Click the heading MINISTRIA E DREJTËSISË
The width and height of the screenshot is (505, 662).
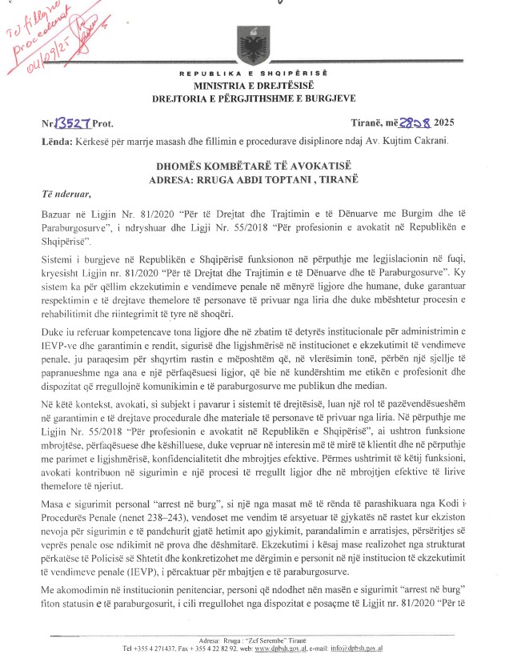coord(251,85)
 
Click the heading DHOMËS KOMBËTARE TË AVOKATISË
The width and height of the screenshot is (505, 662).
coord(251,166)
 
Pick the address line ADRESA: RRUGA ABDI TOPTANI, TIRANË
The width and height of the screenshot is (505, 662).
coord(251,179)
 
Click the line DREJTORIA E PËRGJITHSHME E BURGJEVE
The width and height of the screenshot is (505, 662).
coord(251,98)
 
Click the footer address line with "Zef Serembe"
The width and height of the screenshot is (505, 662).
coord(251,640)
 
